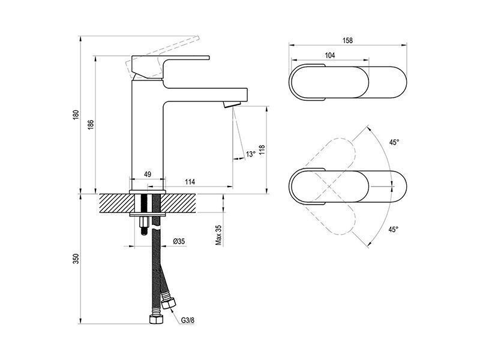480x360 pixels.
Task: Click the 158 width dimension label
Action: [x=347, y=40]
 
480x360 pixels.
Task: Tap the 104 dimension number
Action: [x=329, y=55]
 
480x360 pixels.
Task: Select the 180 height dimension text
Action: [x=76, y=115]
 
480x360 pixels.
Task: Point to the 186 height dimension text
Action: [x=91, y=125]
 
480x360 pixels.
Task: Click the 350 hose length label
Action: [x=76, y=259]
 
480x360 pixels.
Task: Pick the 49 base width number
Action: [x=148, y=174]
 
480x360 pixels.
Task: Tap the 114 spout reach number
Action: [x=190, y=182]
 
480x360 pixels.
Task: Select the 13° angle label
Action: [x=250, y=154]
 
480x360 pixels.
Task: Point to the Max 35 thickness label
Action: [x=218, y=235]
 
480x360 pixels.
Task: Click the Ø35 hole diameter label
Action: [x=179, y=242]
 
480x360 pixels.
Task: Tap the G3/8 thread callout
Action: [x=188, y=320]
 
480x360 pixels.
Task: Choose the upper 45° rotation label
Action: [x=394, y=142]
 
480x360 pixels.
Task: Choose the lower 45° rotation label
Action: [x=394, y=229]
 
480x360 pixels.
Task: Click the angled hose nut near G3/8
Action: [x=169, y=304]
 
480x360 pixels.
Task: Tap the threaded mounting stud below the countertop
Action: [x=144, y=226]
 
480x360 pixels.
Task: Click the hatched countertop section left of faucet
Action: [x=115, y=203]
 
